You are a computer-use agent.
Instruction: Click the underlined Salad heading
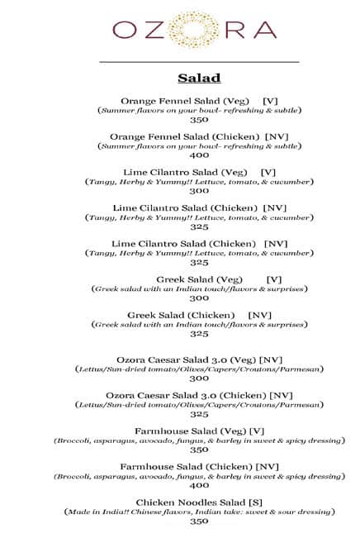[x=199, y=79]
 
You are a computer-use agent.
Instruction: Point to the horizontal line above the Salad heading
[x=199, y=62]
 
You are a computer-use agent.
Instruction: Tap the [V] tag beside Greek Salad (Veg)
[x=275, y=279]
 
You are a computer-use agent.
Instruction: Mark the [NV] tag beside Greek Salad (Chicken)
[x=260, y=315]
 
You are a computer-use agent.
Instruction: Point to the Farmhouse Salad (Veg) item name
[x=189, y=431]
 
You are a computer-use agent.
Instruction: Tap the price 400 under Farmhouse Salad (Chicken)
[x=199, y=486]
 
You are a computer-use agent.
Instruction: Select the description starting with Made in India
[x=199, y=512]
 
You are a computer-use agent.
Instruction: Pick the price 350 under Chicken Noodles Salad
[x=199, y=522]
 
